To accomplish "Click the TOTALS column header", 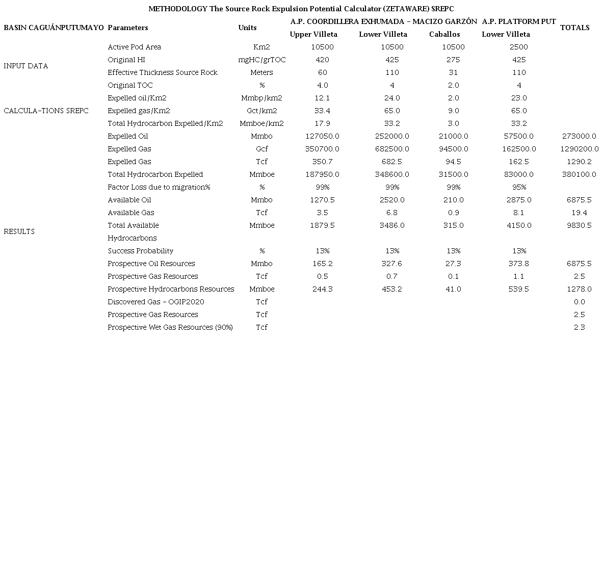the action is point(574,28).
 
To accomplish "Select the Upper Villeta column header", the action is point(313,34).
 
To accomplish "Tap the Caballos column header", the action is point(444,34).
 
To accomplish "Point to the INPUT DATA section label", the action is point(25,66).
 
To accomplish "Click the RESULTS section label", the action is point(19,231).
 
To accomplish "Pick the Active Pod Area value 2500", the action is point(519,47).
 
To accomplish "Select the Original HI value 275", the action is point(453,60).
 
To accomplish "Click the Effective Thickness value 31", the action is point(453,72).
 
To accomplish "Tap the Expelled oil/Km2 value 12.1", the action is point(322,98).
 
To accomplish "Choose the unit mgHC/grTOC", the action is point(262,60).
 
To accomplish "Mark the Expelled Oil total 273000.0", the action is point(579,136).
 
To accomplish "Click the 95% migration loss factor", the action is point(519,187).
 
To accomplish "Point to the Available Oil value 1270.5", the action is point(322,200).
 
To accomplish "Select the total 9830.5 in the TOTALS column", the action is point(579,225).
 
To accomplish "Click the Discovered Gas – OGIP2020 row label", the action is point(156,302).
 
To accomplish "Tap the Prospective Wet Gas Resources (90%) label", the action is point(170,327).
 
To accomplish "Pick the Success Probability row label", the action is point(141,251).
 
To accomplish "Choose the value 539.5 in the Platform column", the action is point(519,289).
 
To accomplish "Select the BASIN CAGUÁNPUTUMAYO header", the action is point(54,28).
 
